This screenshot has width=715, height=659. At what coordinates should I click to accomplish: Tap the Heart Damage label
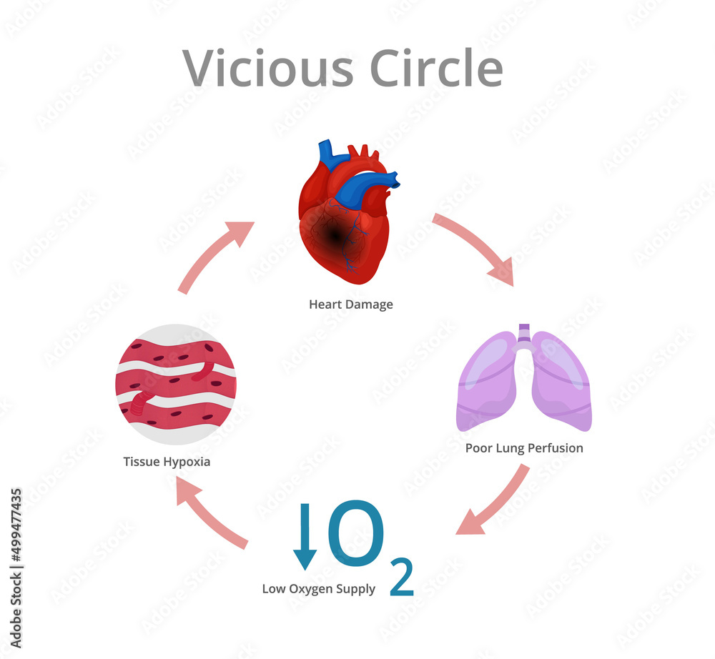(x=350, y=304)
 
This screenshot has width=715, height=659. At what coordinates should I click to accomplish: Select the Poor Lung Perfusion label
(x=524, y=448)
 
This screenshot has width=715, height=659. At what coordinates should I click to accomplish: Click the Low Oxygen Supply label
(x=318, y=589)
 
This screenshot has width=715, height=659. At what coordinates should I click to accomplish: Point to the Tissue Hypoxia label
(x=167, y=461)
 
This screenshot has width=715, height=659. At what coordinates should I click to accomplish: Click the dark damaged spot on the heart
(x=333, y=232)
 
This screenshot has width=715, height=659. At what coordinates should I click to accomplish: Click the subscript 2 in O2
(x=402, y=580)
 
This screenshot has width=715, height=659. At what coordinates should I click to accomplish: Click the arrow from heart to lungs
(x=475, y=247)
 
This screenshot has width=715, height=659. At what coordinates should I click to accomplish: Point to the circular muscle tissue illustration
(x=175, y=384)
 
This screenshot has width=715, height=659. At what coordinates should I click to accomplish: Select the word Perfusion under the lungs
(x=555, y=448)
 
